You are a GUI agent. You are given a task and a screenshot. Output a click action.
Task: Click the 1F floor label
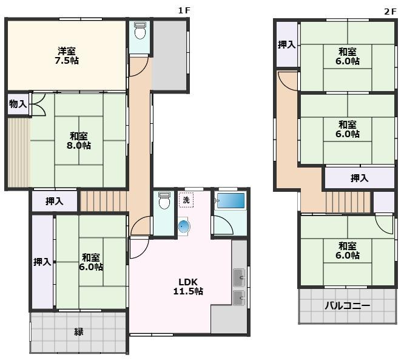pyautogui.click(x=184, y=10)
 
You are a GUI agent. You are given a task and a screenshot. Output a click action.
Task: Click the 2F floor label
pyautogui.click(x=390, y=12)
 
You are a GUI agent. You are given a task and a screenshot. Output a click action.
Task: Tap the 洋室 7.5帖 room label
pyautogui.click(x=67, y=55)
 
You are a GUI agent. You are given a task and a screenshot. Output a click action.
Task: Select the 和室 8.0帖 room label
pyautogui.click(x=79, y=141)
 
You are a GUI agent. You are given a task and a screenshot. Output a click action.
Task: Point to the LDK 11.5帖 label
pyautogui.click(x=188, y=287)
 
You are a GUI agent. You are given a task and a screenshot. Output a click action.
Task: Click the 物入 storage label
pyautogui.click(x=18, y=104)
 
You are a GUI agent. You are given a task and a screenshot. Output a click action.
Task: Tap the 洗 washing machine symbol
pyautogui.click(x=186, y=200)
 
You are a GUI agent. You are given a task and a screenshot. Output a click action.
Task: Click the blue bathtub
pyautogui.click(x=231, y=200)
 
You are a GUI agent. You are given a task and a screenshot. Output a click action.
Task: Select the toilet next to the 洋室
pyautogui.click(x=140, y=30)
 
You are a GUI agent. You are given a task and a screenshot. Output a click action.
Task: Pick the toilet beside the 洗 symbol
pyautogui.click(x=164, y=200)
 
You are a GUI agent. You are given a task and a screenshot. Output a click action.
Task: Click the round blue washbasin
pyautogui.click(x=184, y=226)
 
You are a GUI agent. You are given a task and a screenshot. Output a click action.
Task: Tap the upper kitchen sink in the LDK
pyautogui.click(x=239, y=277)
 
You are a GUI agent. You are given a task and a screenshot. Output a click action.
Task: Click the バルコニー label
pyautogui.click(x=348, y=306)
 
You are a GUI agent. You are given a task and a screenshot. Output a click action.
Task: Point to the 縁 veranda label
pyautogui.click(x=79, y=331)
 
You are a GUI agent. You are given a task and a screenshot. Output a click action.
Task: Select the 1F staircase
pyautogui.click(x=104, y=201)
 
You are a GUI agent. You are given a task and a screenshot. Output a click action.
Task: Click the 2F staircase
pyautogui.click(x=348, y=202)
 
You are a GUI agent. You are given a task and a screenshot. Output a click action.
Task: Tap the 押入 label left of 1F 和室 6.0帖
pyautogui.click(x=42, y=262)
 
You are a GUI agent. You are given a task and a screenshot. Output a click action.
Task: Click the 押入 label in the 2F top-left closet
pyautogui.click(x=286, y=44)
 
